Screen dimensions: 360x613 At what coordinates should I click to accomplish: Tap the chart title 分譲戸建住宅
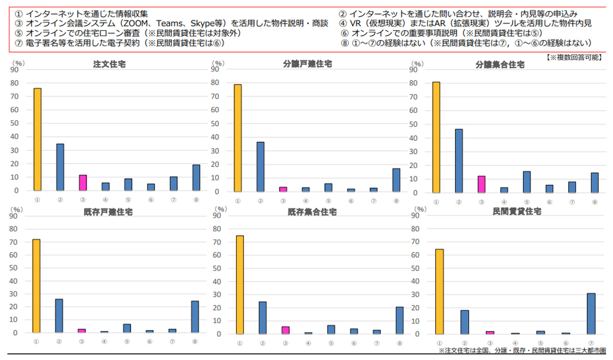click(307, 64)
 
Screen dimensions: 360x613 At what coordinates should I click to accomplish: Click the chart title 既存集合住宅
click(312, 212)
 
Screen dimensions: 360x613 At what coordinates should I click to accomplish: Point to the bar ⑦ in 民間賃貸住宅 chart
click(591, 313)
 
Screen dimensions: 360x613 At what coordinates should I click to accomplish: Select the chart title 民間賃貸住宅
click(517, 211)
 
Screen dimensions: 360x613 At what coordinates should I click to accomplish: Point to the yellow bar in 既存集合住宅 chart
click(240, 285)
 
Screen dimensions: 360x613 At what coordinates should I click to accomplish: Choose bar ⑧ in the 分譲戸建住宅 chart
click(397, 180)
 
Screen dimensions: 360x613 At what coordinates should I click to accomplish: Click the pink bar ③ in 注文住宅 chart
click(83, 183)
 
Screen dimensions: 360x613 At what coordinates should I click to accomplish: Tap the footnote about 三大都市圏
click(524, 351)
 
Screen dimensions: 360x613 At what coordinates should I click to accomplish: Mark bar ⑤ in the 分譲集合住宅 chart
click(526, 182)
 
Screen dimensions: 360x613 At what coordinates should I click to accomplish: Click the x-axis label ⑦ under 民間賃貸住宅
click(591, 342)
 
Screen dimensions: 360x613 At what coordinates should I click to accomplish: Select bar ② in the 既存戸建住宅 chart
click(59, 316)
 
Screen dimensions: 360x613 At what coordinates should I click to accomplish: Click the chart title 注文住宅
click(109, 65)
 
